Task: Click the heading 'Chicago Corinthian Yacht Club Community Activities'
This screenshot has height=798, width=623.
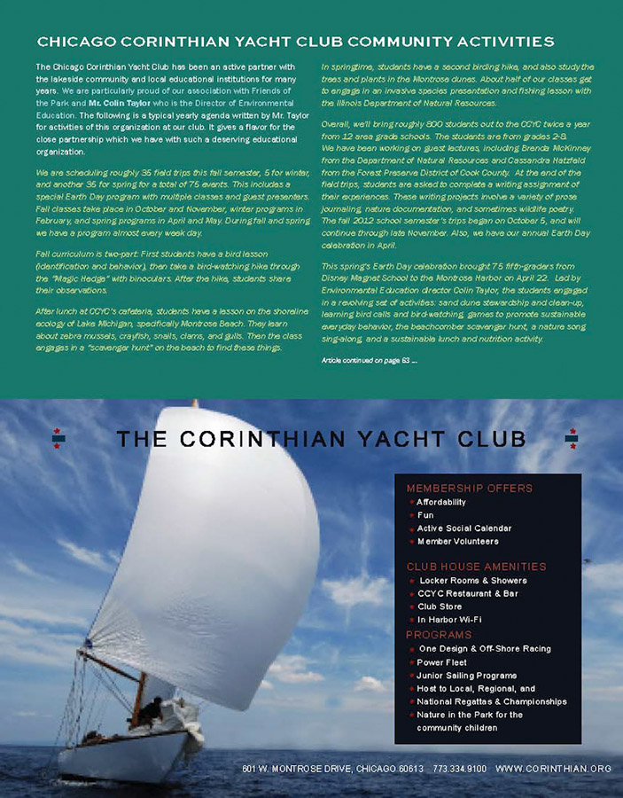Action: [x=295, y=42]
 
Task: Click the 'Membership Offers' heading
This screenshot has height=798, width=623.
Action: [x=469, y=488]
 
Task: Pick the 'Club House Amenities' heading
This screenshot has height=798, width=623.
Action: [x=475, y=566]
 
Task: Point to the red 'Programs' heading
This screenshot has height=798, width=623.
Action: [x=440, y=635]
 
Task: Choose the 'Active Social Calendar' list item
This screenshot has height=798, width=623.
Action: [x=463, y=528]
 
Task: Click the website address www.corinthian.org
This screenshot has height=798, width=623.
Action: [x=553, y=769]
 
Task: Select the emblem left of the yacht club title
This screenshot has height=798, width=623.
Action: [x=59, y=438]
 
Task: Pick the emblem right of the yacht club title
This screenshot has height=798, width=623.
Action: [x=572, y=438]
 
